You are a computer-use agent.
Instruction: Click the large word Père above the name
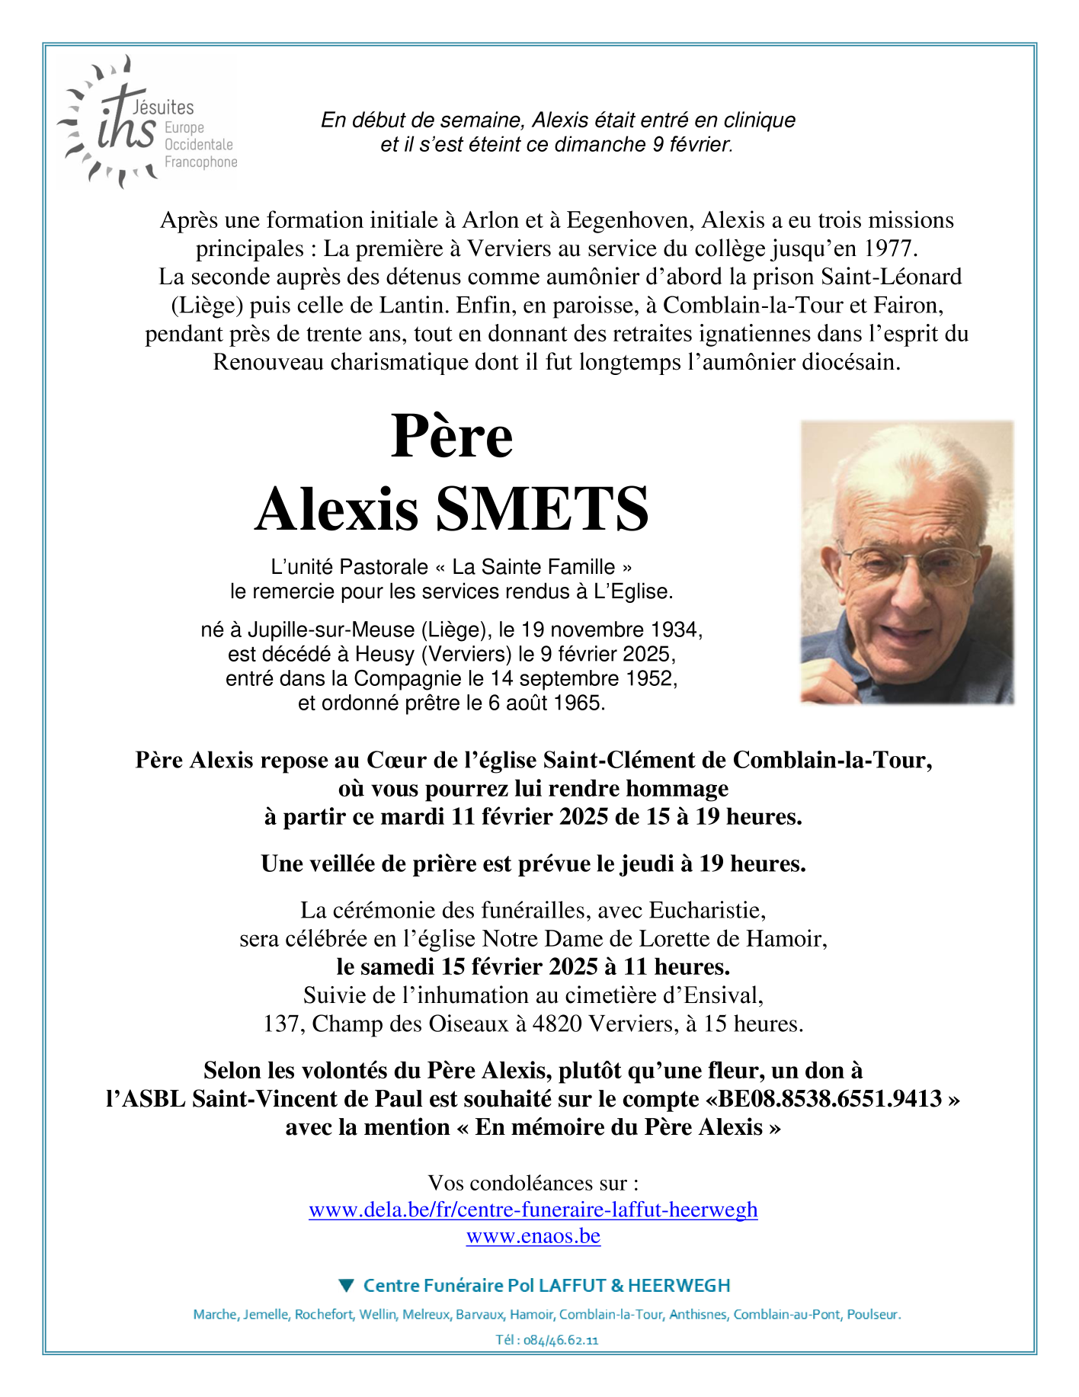[451, 437]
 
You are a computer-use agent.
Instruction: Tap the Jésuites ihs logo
[145, 122]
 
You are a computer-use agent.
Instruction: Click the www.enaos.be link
[533, 1235]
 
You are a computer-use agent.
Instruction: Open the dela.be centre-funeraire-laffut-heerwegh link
[533, 1210]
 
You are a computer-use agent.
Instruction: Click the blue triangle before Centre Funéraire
[347, 1286]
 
